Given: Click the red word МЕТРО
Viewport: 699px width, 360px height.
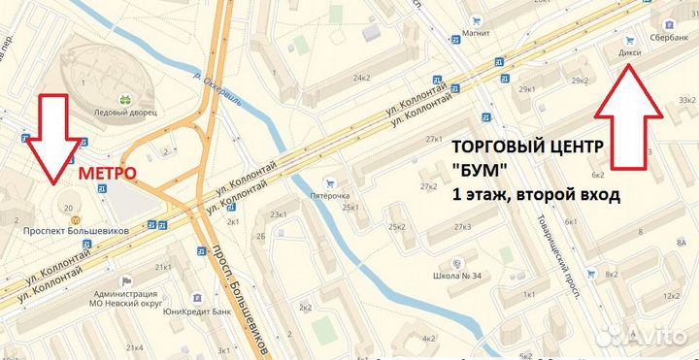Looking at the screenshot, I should coord(106,172).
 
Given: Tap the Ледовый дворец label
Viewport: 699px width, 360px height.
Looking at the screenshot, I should coord(123,112).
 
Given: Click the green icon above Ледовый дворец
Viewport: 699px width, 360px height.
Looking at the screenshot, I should coord(124,99).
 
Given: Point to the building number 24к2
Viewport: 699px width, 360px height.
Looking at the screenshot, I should coord(363,78).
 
